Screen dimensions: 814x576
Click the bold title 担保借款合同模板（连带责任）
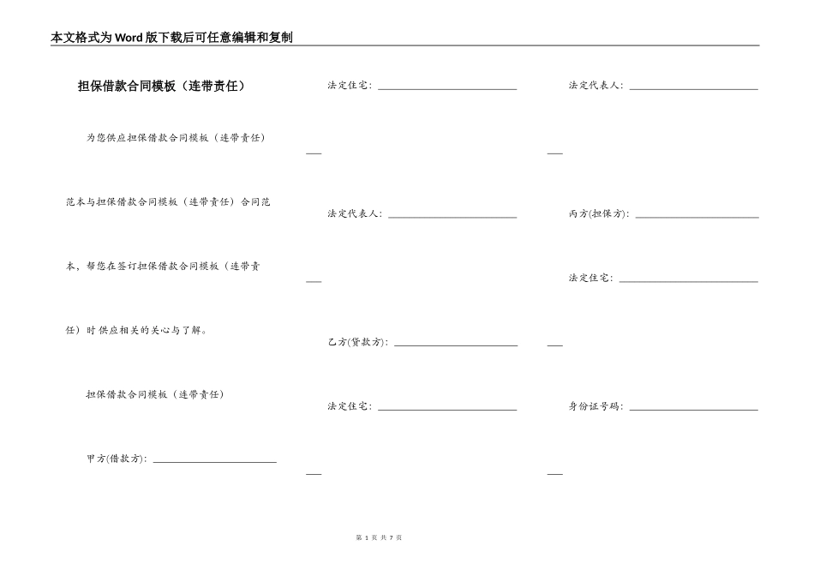(161, 86)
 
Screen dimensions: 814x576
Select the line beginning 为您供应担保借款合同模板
(176, 137)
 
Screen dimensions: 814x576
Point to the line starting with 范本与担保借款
(168, 201)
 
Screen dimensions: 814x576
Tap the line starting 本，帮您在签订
(164, 266)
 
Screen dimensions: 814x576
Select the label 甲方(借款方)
(117, 459)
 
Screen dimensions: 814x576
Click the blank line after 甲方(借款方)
(214, 461)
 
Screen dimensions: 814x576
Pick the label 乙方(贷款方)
(357, 342)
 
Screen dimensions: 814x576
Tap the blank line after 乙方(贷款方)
(456, 345)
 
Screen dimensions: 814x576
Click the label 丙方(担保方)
(598, 213)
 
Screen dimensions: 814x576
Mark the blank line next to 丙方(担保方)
(697, 216)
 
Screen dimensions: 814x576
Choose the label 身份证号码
(596, 406)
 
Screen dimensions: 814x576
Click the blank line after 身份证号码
(693, 409)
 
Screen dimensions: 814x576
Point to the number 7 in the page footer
(391, 537)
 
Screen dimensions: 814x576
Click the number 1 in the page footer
(366, 537)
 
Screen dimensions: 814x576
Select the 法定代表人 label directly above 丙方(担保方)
(596, 86)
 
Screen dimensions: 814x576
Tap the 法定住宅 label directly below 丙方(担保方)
(590, 278)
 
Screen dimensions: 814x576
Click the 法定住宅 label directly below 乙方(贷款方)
(350, 406)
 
